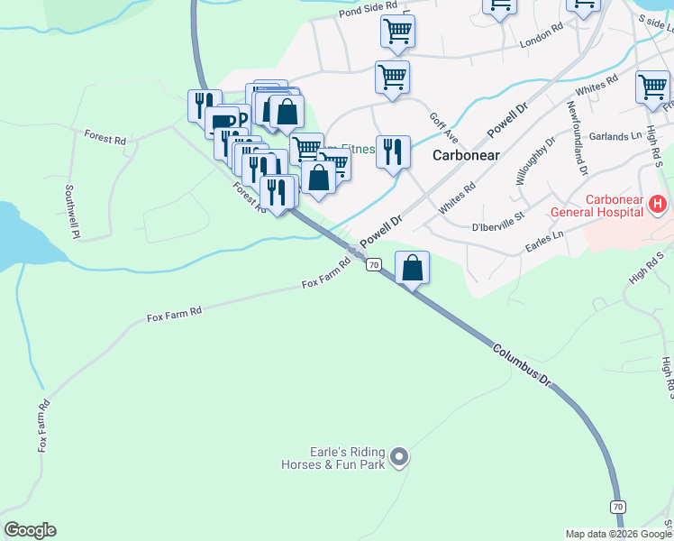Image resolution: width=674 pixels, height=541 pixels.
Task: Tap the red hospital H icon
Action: (x=657, y=205)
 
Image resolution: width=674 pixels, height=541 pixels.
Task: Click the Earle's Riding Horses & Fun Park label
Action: (x=332, y=458)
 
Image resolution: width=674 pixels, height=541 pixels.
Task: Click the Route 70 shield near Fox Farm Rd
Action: (x=373, y=264)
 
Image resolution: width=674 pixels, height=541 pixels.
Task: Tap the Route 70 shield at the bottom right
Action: (x=617, y=507)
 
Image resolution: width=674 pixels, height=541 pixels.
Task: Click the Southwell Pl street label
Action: (x=71, y=212)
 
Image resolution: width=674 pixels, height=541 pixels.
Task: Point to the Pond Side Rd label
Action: (x=369, y=10)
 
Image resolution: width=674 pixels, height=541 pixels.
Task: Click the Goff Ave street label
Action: (x=443, y=128)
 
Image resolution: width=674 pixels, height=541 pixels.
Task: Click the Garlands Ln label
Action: (x=615, y=136)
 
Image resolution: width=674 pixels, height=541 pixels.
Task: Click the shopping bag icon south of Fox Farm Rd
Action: (x=412, y=268)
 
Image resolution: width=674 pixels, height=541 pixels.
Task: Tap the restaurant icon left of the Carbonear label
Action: (x=393, y=151)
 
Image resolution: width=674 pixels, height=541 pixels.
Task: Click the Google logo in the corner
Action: (x=30, y=530)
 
